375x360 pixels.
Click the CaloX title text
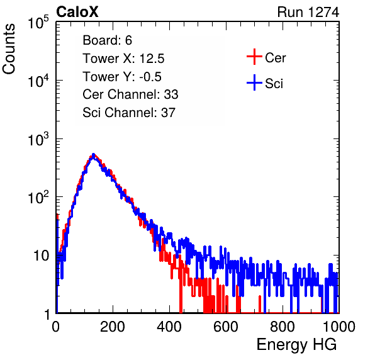77,12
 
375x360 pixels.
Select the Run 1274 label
308,12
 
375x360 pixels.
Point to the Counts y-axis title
9,49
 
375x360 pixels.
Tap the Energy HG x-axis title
296,345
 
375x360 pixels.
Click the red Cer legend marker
254,57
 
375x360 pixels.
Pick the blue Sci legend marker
254,83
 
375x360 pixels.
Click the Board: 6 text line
108,40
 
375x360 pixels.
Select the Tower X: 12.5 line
123,59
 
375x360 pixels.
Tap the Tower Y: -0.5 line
122,77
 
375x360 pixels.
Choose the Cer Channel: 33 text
130,94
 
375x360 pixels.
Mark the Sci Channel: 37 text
129,113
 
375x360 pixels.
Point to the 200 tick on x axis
113,327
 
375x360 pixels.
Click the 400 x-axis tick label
169,327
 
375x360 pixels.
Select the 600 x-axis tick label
226,327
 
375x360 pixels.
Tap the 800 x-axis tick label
283,327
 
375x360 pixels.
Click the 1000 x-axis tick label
339,327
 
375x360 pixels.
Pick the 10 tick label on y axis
41,256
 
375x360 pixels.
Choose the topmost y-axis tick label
38,22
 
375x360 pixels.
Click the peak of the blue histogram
94,155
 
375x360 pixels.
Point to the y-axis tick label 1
47,315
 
